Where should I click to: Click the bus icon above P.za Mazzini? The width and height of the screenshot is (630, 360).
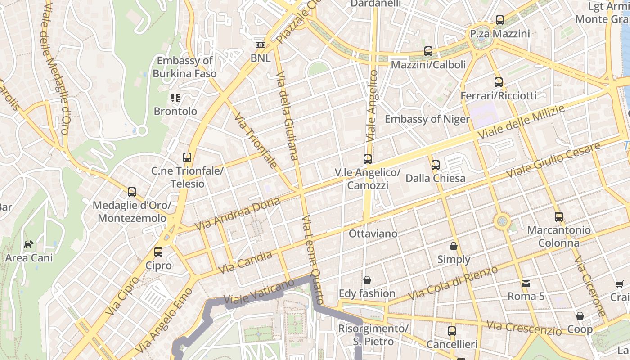pyautogui.click(x=499, y=20)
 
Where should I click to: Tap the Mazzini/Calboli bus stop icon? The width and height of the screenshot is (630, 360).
pyautogui.click(x=428, y=51)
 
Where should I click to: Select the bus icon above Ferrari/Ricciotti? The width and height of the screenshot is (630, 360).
pyautogui.click(x=498, y=82)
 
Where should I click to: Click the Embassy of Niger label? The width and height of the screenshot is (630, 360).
pyautogui.click(x=427, y=119)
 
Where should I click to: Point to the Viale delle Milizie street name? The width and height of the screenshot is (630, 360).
pyautogui.click(x=521, y=122)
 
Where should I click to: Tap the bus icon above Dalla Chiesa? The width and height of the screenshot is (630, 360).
pyautogui.click(x=435, y=165)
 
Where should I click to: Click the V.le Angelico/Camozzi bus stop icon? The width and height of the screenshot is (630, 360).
pyautogui.click(x=368, y=159)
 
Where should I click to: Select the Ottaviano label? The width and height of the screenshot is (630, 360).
pyautogui.click(x=373, y=234)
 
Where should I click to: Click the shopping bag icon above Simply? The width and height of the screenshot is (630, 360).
pyautogui.click(x=454, y=246)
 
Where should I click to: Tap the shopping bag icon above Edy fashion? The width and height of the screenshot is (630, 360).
pyautogui.click(x=367, y=280)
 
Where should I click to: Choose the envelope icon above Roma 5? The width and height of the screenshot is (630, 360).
pyautogui.click(x=526, y=283)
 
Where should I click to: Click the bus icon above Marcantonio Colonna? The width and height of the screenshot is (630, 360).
pyautogui.click(x=558, y=217)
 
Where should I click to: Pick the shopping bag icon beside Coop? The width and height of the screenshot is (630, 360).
pyautogui.click(x=580, y=316)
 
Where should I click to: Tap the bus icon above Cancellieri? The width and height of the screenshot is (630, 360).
pyautogui.click(x=451, y=331)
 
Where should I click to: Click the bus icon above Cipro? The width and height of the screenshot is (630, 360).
pyautogui.click(x=158, y=252)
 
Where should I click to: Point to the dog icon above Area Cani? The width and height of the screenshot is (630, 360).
pyautogui.click(x=29, y=244)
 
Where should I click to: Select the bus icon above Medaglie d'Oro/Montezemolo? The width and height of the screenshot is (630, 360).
pyautogui.click(x=131, y=192)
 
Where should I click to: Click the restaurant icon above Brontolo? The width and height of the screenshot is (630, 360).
pyautogui.click(x=175, y=98)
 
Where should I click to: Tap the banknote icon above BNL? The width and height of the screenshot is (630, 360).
pyautogui.click(x=260, y=45)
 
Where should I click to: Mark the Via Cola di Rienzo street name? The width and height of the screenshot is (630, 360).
pyautogui.click(x=453, y=284)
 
